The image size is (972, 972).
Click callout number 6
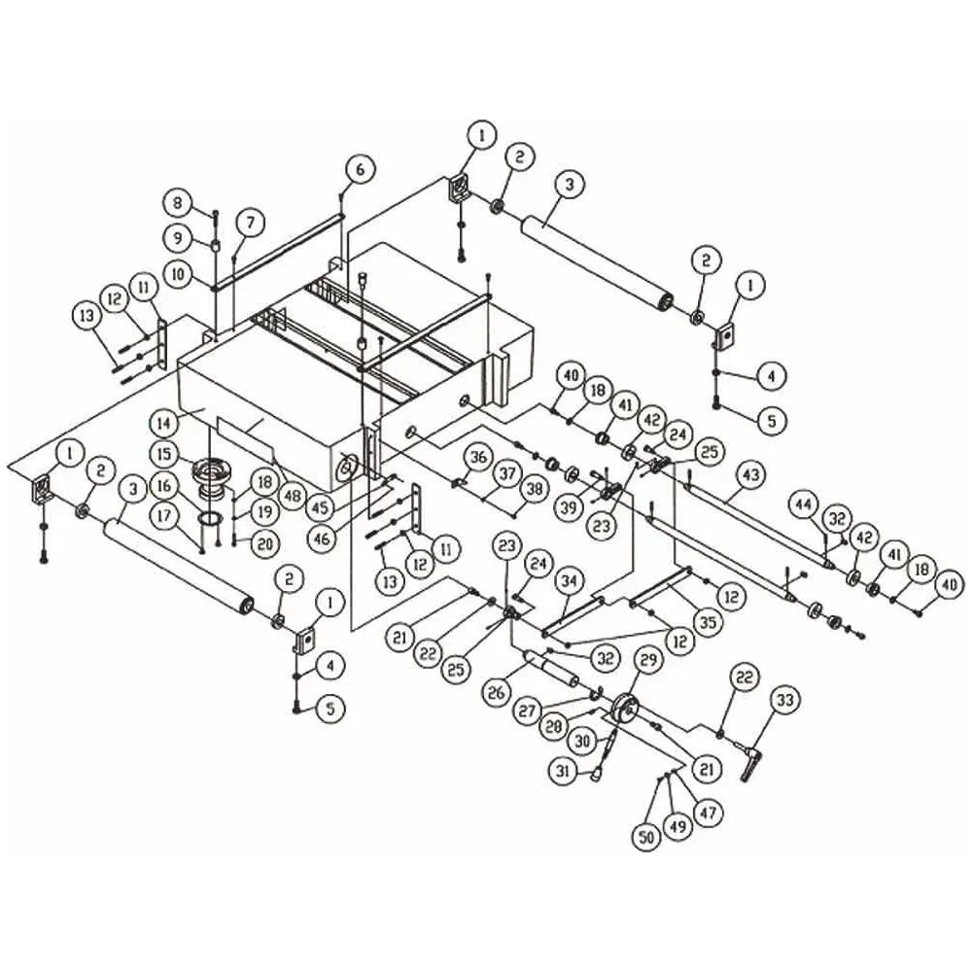(x=361, y=168)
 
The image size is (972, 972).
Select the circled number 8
(x=179, y=203)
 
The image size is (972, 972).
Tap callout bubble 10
(x=179, y=273)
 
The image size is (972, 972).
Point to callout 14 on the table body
(x=164, y=424)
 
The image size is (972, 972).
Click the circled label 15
(x=164, y=454)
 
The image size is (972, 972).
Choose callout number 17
(x=164, y=515)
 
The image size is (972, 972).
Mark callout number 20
(x=264, y=543)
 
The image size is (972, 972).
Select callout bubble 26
(x=496, y=692)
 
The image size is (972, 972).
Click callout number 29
(x=647, y=661)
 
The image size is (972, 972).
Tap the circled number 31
(x=562, y=771)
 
